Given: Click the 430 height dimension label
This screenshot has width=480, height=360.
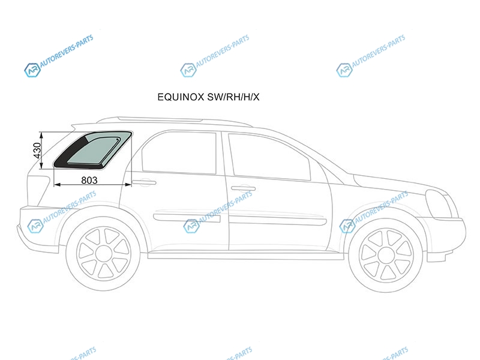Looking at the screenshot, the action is (x=37, y=151).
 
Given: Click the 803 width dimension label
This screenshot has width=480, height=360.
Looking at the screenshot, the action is (x=89, y=181).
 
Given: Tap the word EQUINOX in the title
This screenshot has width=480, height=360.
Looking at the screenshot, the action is (x=181, y=97).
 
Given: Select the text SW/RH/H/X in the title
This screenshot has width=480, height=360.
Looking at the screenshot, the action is (x=233, y=97).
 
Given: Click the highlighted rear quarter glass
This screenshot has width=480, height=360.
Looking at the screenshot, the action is (x=92, y=150).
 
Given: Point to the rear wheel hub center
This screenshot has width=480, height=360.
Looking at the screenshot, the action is (x=103, y=254).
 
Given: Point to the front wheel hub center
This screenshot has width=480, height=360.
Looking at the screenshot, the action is (x=386, y=255).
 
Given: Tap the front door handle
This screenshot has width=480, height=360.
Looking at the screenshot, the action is (x=243, y=188).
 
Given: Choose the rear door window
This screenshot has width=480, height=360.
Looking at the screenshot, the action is (x=179, y=152).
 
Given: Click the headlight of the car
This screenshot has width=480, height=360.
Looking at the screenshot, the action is (x=439, y=203).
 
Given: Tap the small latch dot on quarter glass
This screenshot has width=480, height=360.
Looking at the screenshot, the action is (x=118, y=140).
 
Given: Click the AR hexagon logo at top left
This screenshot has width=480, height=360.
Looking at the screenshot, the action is (x=32, y=70).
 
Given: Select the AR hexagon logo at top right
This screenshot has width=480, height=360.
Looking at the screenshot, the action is (x=344, y=70).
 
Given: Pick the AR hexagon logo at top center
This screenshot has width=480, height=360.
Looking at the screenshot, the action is (x=188, y=70).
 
